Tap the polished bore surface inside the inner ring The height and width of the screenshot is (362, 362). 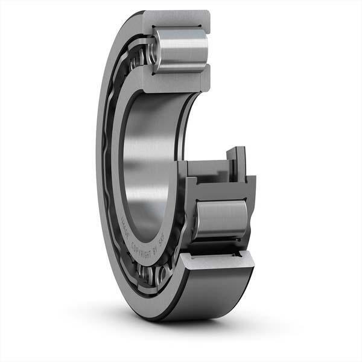(x=145, y=163)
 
